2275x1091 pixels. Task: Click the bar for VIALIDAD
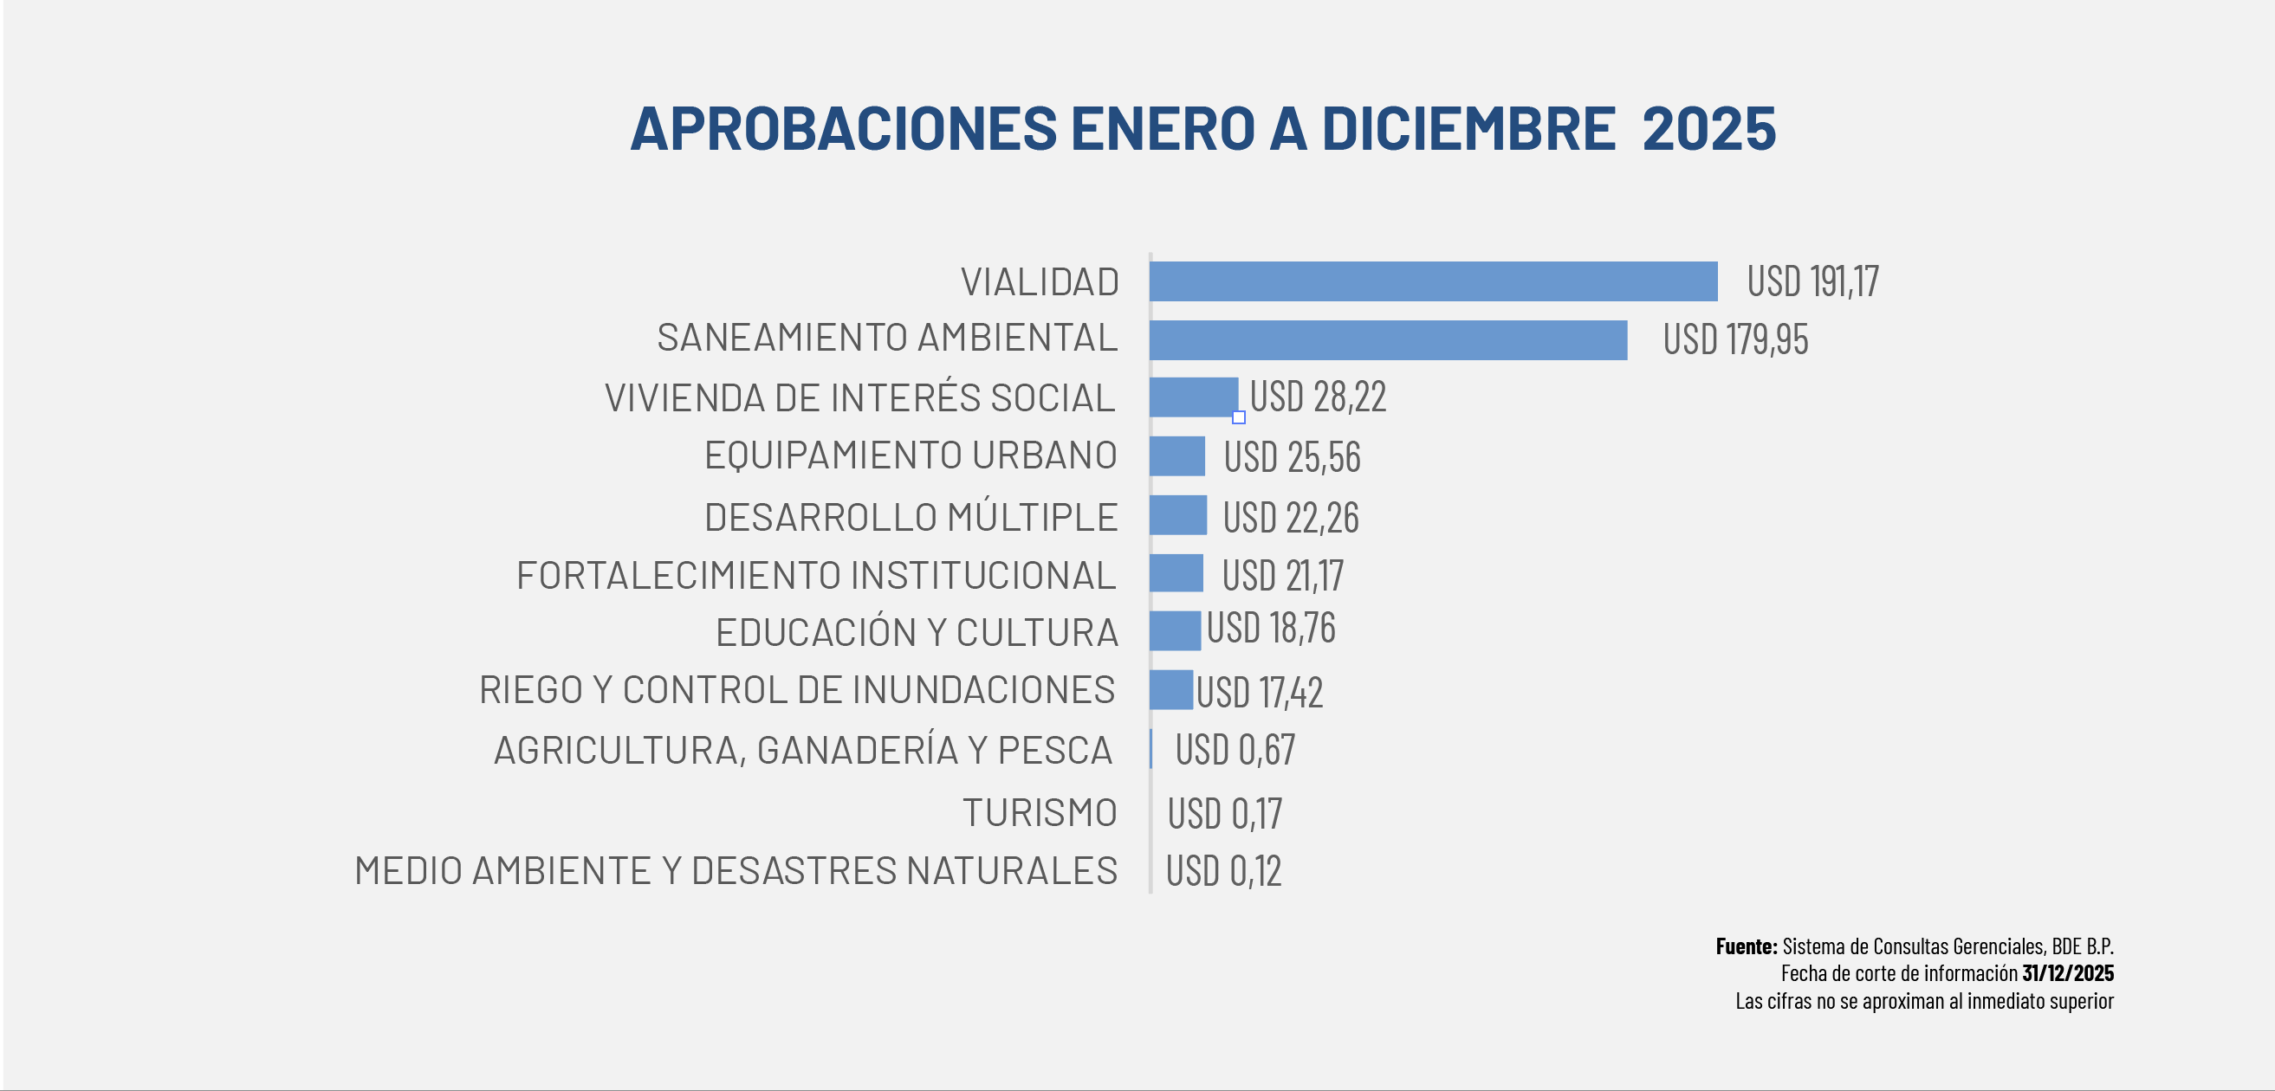[x=1432, y=281]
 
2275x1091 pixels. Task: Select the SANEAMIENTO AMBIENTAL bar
[x=1387, y=339]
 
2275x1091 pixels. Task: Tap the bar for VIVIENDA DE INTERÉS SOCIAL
[x=1193, y=397]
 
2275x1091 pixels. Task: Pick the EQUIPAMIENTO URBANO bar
[x=1177, y=456]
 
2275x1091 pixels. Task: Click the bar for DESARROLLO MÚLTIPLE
[x=1178, y=515]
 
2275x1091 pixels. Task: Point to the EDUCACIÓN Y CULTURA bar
[x=1175, y=631]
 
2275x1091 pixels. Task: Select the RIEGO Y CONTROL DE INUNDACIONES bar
[x=1171, y=690]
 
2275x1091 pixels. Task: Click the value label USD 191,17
[x=1812, y=281]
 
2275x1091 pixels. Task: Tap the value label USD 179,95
[x=1734, y=339]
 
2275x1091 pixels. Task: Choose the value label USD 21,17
[x=1282, y=576]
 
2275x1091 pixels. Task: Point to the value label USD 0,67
[x=1235, y=751]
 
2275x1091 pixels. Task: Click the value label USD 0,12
[x=1223, y=871]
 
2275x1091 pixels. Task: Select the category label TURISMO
[x=1040, y=813]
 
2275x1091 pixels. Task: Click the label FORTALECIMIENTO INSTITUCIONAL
[x=816, y=576]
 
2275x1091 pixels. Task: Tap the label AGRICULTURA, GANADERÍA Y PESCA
[x=803, y=751]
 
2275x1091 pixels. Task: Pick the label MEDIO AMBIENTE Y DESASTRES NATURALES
[x=736, y=871]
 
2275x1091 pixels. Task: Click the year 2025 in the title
[x=1708, y=129]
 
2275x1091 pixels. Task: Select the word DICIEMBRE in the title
[x=1468, y=129]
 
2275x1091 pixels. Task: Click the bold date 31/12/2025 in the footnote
[x=2067, y=973]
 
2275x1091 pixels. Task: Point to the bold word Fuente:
[x=1746, y=946]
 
